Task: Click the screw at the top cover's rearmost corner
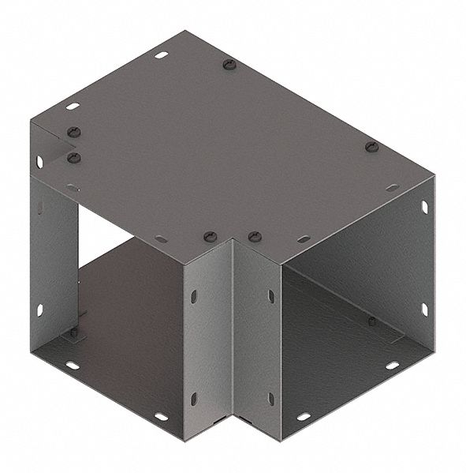click(229, 64)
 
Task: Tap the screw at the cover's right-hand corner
click(372, 147)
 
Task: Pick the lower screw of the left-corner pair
click(74, 158)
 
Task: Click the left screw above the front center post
click(210, 236)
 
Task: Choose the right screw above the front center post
click(254, 236)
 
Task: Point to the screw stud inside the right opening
click(371, 321)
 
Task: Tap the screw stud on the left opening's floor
click(74, 332)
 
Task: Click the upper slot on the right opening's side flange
click(424, 207)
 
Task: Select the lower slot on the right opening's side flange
click(423, 309)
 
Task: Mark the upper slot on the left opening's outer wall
click(39, 162)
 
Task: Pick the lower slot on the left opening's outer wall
click(39, 310)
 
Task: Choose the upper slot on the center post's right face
click(270, 296)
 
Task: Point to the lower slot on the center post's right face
click(270, 398)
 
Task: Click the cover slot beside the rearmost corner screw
click(161, 55)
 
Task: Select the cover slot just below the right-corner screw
click(391, 188)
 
